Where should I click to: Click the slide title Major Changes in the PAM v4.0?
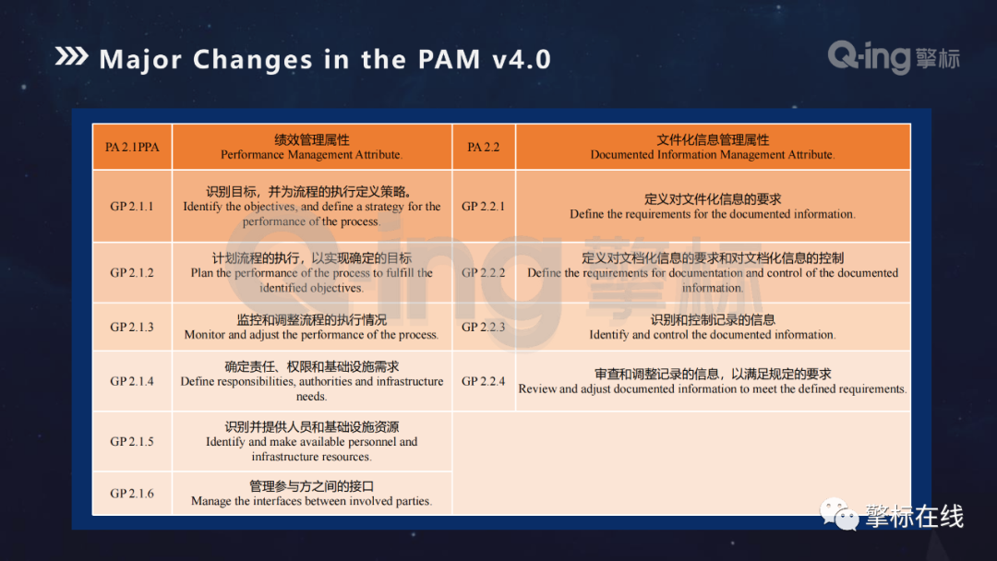pyautogui.click(x=325, y=59)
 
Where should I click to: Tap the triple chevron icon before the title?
pyautogui.click(x=71, y=56)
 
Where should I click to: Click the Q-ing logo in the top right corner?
pyautogui.click(x=894, y=57)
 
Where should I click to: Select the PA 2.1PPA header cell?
pyautogui.click(x=132, y=147)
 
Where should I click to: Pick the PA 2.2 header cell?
pyautogui.click(x=483, y=147)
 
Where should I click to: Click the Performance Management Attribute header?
pyautogui.click(x=312, y=147)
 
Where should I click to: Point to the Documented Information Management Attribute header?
pyautogui.click(x=712, y=147)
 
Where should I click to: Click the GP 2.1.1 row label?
pyautogui.click(x=132, y=207)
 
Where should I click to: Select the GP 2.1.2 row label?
pyautogui.click(x=132, y=272)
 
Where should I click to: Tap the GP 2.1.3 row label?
pyautogui.click(x=132, y=327)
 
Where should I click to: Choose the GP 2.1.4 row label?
pyautogui.click(x=132, y=381)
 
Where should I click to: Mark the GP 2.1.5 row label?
pyautogui.click(x=132, y=442)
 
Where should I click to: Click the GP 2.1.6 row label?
pyautogui.click(x=132, y=493)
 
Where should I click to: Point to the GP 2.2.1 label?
pyautogui.click(x=483, y=207)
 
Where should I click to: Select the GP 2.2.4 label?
pyautogui.click(x=483, y=381)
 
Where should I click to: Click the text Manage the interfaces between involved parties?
pyautogui.click(x=312, y=501)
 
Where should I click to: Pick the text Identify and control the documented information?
pyautogui.click(x=712, y=335)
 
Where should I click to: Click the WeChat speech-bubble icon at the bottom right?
pyautogui.click(x=838, y=514)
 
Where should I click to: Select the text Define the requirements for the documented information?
pyautogui.click(x=712, y=214)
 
